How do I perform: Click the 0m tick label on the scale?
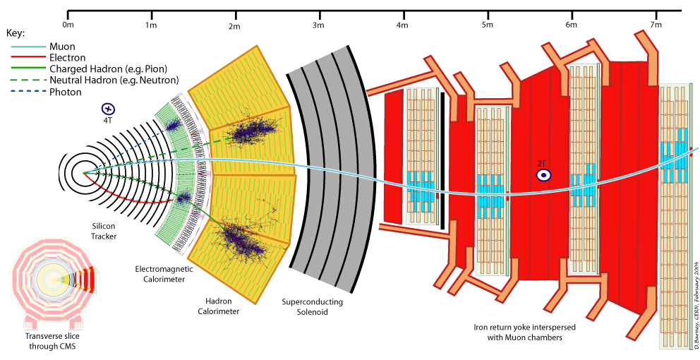[68, 25]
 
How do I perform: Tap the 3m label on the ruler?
[318, 25]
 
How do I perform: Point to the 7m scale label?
[656, 25]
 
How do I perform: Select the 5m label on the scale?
[487, 25]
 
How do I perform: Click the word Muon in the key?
[64, 47]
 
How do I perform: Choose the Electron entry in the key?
[68, 58]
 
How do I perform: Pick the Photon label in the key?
[66, 92]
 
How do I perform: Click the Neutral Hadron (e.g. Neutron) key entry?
[114, 80]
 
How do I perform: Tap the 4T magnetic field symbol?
[108, 109]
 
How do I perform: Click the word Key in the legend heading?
[15, 33]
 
